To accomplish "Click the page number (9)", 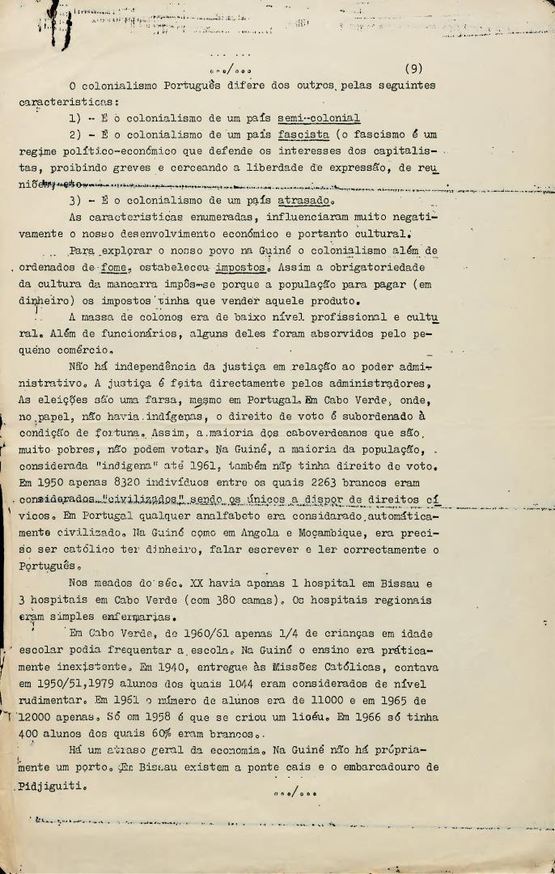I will point(413,69).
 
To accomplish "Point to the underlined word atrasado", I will point(301,201).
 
